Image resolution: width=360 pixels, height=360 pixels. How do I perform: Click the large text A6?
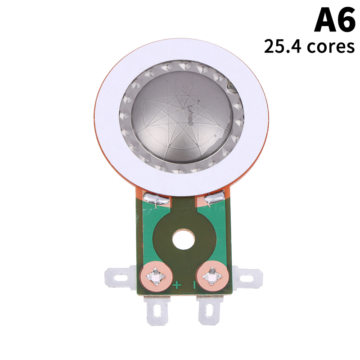click(x=335, y=19)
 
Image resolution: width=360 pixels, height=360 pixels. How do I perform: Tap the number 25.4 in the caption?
click(x=283, y=46)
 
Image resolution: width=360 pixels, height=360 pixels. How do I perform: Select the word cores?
click(x=331, y=47)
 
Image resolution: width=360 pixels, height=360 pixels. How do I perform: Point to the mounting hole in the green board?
click(x=184, y=239)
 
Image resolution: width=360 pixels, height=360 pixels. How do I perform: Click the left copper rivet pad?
click(x=156, y=276)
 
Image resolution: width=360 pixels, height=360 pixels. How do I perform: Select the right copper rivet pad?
click(x=212, y=276)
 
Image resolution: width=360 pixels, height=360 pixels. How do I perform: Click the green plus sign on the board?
click(x=177, y=285)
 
